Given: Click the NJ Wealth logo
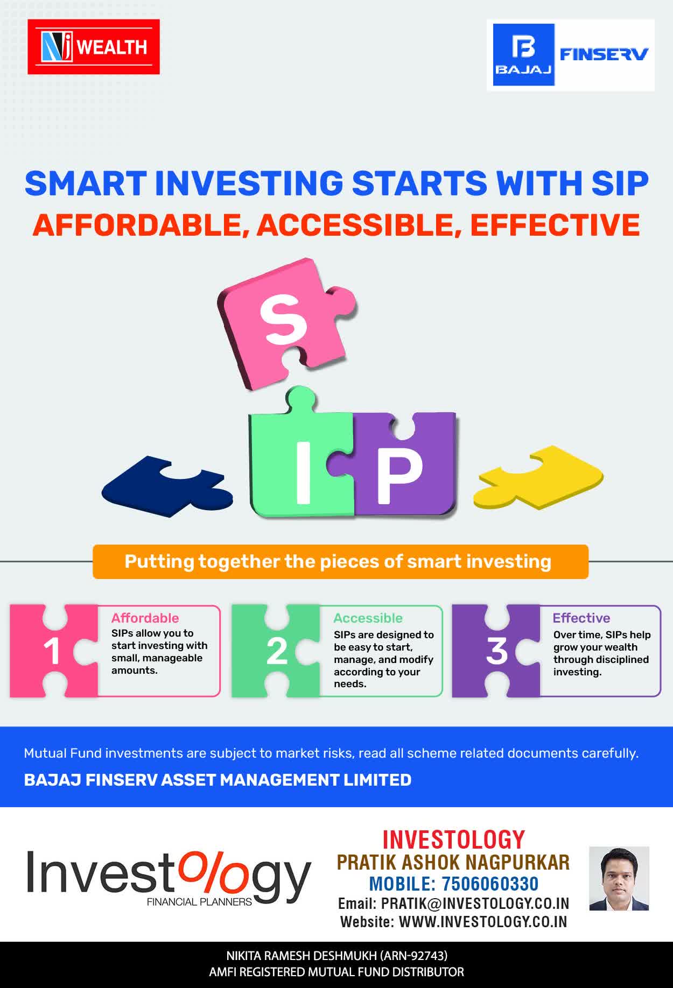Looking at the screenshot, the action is click(94, 47).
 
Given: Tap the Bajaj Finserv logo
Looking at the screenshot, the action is click(571, 55).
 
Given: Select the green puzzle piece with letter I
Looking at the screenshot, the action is click(302, 457).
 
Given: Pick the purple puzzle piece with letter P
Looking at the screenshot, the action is click(404, 465).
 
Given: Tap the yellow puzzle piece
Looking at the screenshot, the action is click(538, 478).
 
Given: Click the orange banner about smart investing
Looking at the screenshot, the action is click(340, 562).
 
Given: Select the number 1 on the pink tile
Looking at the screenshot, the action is click(52, 652).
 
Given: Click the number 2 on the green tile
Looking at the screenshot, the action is click(277, 652).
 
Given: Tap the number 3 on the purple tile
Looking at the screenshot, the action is click(496, 651).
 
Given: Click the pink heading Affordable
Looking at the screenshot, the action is click(145, 618).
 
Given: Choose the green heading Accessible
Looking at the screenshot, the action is click(368, 618).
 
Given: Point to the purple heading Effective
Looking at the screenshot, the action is click(581, 618).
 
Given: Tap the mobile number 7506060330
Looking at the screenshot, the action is click(490, 884).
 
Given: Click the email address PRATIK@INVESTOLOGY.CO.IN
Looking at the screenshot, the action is click(475, 903).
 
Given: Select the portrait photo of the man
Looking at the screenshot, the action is click(619, 878).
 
